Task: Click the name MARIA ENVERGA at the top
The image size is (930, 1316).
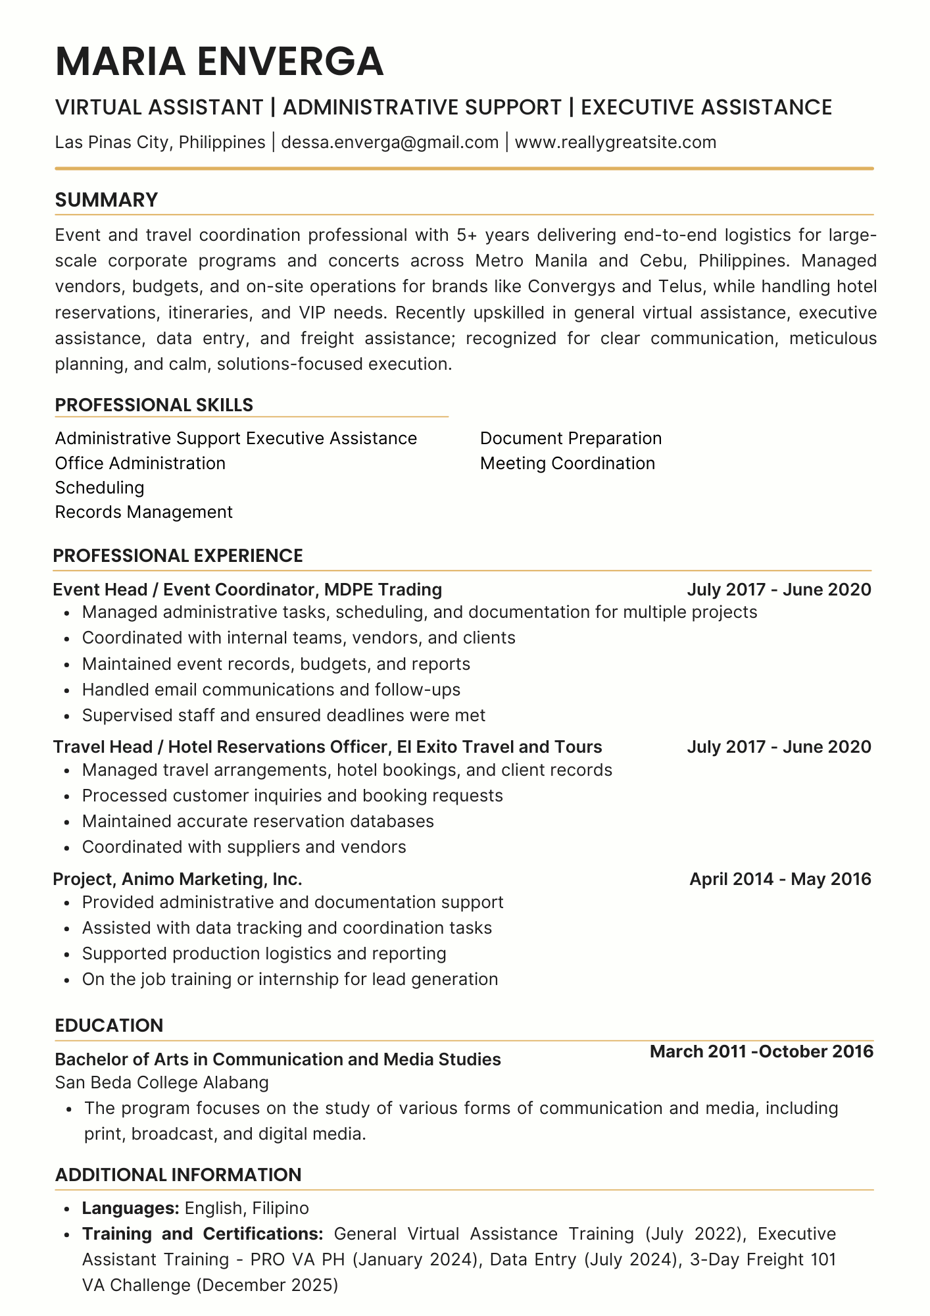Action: tap(220, 62)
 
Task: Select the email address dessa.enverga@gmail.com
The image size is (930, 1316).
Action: tap(389, 142)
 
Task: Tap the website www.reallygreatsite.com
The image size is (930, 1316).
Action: tap(615, 142)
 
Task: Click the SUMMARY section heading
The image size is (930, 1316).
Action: tap(107, 200)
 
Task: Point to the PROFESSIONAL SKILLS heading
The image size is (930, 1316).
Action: tap(154, 405)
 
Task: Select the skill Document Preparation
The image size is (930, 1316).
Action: tap(570, 438)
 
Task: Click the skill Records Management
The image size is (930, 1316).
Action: tap(143, 512)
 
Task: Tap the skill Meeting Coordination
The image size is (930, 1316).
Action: tap(567, 463)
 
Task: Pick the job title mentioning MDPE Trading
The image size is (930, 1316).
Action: tap(247, 589)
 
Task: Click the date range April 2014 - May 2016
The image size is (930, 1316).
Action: tap(780, 879)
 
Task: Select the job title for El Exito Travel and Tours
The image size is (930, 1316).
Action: tap(328, 747)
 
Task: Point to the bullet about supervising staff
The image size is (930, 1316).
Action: tap(283, 715)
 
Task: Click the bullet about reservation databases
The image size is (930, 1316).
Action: tap(258, 821)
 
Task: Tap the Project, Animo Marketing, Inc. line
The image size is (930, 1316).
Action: tap(178, 879)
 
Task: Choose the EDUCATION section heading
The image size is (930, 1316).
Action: tap(109, 1026)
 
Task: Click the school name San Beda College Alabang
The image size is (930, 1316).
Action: tap(162, 1082)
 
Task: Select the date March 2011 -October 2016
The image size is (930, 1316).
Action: tap(762, 1051)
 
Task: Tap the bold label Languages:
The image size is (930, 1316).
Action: tap(131, 1208)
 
